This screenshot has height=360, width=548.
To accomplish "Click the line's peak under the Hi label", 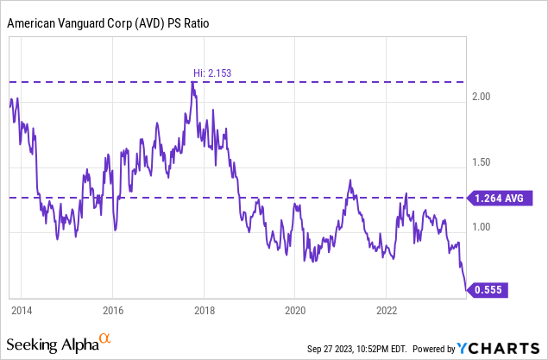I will pyautogui.click(x=193, y=83).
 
